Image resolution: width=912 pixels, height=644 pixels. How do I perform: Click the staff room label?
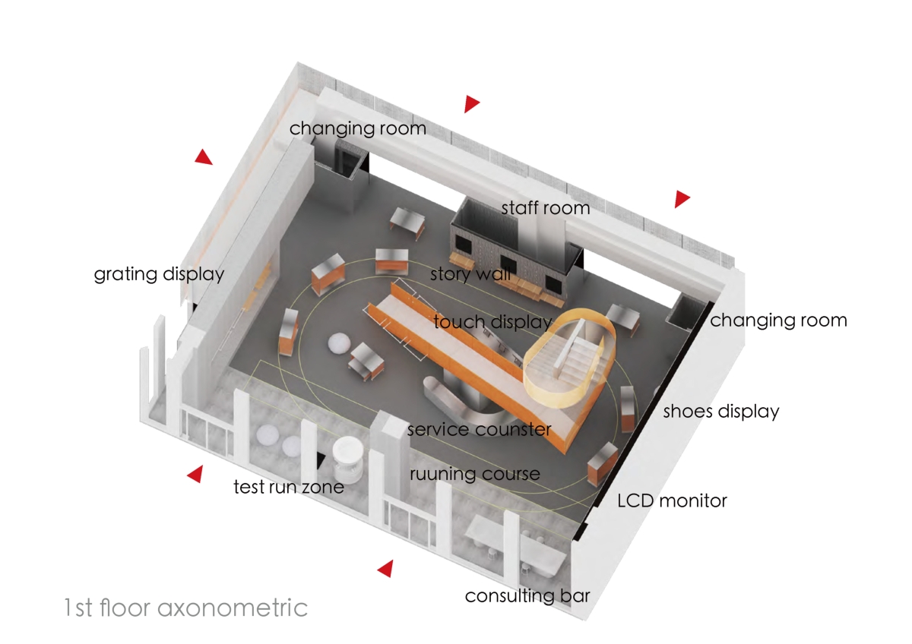[546, 208]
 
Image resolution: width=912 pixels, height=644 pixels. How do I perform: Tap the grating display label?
[159, 275]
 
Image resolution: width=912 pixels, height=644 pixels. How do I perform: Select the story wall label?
[470, 274]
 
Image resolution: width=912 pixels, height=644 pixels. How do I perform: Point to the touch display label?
[492, 322]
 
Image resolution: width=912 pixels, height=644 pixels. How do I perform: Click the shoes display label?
[721, 412]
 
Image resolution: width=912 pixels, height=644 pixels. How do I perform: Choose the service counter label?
[480, 430]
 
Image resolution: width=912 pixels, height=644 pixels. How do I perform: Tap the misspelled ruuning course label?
[475, 475]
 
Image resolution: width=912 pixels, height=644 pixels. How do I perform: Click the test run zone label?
[289, 487]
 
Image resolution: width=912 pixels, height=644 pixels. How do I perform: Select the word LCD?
[636, 500]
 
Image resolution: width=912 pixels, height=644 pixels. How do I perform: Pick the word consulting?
[509, 597]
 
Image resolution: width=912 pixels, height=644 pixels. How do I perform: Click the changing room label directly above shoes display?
[778, 320]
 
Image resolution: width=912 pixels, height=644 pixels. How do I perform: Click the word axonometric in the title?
[233, 608]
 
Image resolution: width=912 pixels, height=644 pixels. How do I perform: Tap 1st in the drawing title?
[78, 608]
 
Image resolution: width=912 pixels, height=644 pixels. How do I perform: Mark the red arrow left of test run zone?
[195, 474]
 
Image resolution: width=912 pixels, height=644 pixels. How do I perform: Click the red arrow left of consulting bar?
[385, 568]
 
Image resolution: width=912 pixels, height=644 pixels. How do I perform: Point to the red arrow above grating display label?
[204, 157]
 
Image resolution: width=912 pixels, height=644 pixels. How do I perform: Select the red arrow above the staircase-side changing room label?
[682, 199]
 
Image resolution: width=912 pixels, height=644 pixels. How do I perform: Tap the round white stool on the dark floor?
[339, 343]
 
